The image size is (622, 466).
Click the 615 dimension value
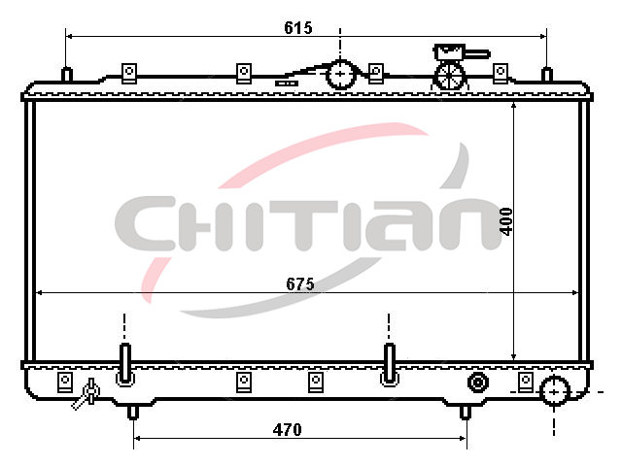[x=298, y=28]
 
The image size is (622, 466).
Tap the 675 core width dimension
[x=300, y=283]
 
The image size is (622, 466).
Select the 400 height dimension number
[x=506, y=221]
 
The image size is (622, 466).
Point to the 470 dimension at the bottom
[x=288, y=429]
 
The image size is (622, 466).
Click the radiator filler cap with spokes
[x=450, y=76]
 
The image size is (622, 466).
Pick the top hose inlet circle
[x=340, y=74]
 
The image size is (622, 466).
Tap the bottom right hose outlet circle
[x=554, y=391]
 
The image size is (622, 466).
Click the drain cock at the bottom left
[x=86, y=394]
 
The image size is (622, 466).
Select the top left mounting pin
[x=67, y=75]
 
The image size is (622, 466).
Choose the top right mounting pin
[x=547, y=75]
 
